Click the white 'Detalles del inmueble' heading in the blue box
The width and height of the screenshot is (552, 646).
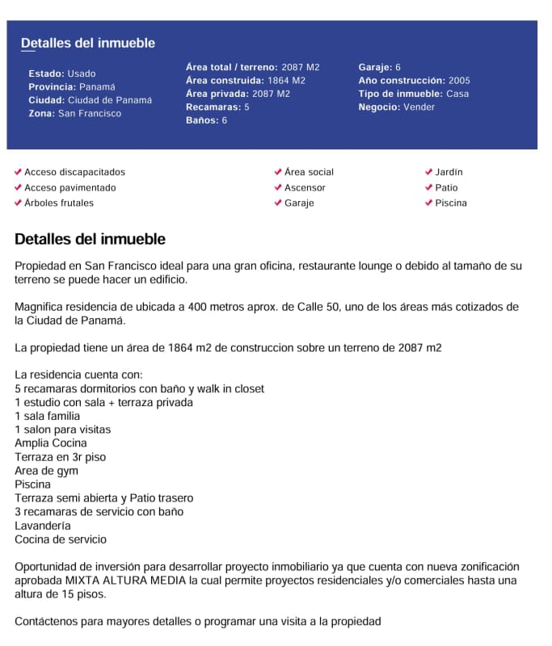click(x=88, y=44)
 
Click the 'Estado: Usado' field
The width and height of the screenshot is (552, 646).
click(x=62, y=73)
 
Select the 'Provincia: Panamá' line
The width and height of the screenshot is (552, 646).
click(x=72, y=86)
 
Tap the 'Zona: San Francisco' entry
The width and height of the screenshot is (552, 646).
click(x=75, y=114)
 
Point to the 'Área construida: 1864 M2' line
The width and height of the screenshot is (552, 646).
click(x=246, y=81)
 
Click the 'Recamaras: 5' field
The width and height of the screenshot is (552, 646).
click(x=217, y=107)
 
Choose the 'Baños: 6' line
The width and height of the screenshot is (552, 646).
click(x=206, y=120)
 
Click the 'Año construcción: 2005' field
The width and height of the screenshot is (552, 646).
click(x=414, y=81)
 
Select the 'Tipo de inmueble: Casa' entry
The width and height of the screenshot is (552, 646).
click(x=413, y=94)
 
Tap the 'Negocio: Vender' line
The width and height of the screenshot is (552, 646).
click(x=396, y=107)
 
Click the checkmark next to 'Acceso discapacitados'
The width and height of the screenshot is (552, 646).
click(x=19, y=172)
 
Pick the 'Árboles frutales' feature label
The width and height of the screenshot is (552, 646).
click(x=59, y=203)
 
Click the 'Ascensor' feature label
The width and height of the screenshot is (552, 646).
click(x=305, y=187)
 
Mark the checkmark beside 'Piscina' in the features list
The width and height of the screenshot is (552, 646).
click(x=428, y=203)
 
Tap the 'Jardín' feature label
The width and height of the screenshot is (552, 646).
click(x=449, y=172)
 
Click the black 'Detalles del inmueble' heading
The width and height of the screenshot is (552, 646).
click(x=90, y=239)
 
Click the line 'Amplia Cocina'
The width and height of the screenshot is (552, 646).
click(x=51, y=443)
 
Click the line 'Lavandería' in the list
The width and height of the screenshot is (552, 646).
click(x=43, y=526)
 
